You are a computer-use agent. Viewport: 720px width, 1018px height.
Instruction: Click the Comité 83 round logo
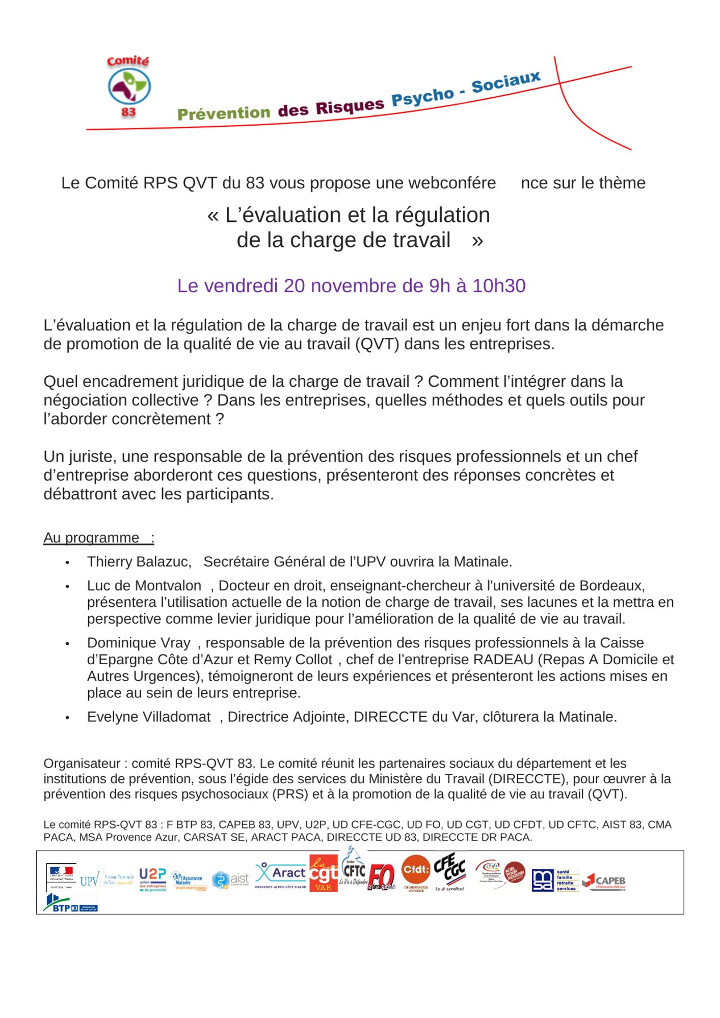[x=129, y=87]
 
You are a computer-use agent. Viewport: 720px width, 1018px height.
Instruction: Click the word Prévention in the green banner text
[x=223, y=113]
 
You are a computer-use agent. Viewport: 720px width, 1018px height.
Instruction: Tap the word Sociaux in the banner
[x=505, y=82]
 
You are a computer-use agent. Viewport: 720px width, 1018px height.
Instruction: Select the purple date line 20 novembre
[x=351, y=286]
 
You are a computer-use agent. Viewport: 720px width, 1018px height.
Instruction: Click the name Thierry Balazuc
[x=139, y=562]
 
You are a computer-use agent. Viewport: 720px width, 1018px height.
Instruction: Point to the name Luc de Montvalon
[x=144, y=586]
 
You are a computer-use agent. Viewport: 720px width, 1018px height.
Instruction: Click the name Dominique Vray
[x=139, y=643]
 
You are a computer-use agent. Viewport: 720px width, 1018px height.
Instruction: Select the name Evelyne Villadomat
[x=149, y=717]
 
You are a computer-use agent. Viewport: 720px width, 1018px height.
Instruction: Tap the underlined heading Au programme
[x=92, y=538]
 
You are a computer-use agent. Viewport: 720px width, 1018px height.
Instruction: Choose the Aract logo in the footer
[x=281, y=875]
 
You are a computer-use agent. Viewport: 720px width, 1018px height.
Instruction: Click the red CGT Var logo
[x=323, y=874]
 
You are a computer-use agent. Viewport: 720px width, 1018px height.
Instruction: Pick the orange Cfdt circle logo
[x=416, y=870]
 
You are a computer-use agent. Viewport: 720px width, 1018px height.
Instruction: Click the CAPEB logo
[x=604, y=881]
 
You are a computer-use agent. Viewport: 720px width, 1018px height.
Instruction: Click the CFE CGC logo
[x=449, y=871]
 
